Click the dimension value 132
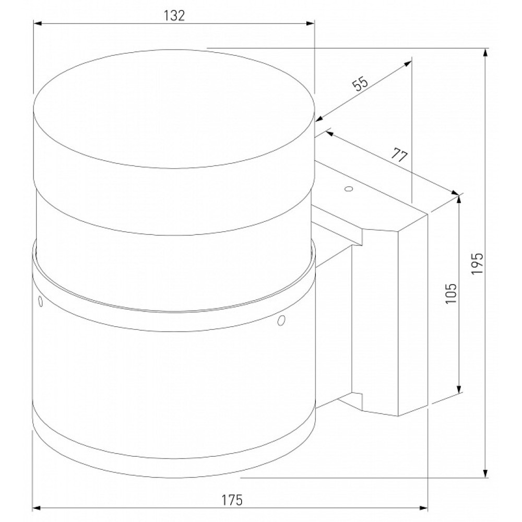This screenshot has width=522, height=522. click(x=174, y=15)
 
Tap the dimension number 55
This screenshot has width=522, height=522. click(x=361, y=84)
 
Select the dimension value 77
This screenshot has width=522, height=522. click(x=399, y=156)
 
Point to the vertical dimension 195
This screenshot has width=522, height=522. click(x=477, y=263)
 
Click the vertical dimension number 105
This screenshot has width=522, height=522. click(x=450, y=293)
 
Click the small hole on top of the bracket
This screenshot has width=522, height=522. click(x=349, y=189)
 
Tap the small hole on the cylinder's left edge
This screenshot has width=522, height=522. click(x=41, y=301)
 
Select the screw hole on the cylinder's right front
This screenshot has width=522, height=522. click(x=281, y=321)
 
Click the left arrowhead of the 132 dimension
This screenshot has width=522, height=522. click(x=37, y=23)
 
